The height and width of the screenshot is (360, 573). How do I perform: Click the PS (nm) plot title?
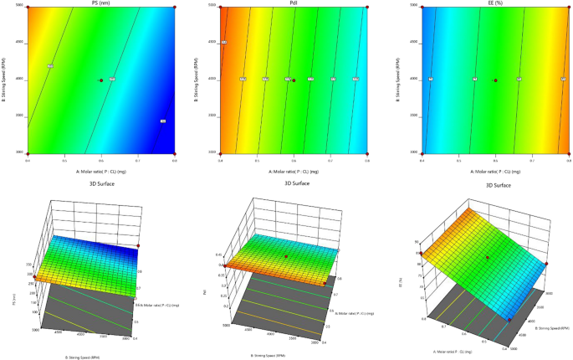click(100, 3)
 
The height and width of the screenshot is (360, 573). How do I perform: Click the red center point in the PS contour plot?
click(101, 80)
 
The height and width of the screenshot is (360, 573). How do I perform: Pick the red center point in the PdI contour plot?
click(294, 80)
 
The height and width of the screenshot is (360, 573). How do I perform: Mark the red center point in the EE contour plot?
click(495, 80)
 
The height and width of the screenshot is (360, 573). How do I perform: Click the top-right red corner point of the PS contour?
click(174, 7)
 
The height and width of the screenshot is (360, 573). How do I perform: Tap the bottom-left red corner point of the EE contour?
click(422, 153)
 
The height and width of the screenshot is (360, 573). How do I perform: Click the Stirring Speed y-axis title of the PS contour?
click(8, 80)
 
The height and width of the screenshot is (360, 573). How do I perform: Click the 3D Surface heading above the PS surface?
click(100, 183)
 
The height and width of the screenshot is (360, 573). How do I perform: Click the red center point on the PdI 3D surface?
click(287, 256)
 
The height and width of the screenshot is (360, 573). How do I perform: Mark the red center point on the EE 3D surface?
click(488, 257)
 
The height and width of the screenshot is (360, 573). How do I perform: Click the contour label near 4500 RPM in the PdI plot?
click(224, 42)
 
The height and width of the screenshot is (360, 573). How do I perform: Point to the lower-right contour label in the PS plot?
click(162, 121)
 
